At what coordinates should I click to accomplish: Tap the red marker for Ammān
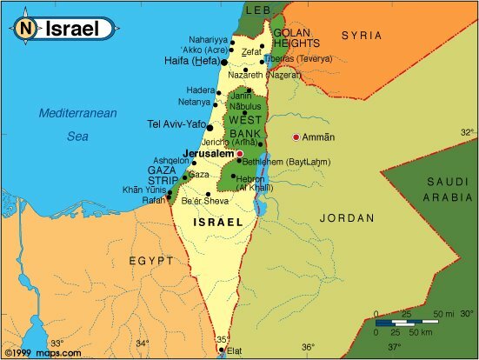point(296,137)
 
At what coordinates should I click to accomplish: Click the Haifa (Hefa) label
point(190,61)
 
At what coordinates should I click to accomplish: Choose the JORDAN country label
point(346,217)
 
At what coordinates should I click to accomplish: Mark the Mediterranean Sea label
point(77,124)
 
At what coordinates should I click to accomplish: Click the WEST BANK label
point(244,125)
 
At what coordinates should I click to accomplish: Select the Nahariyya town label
point(210,40)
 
